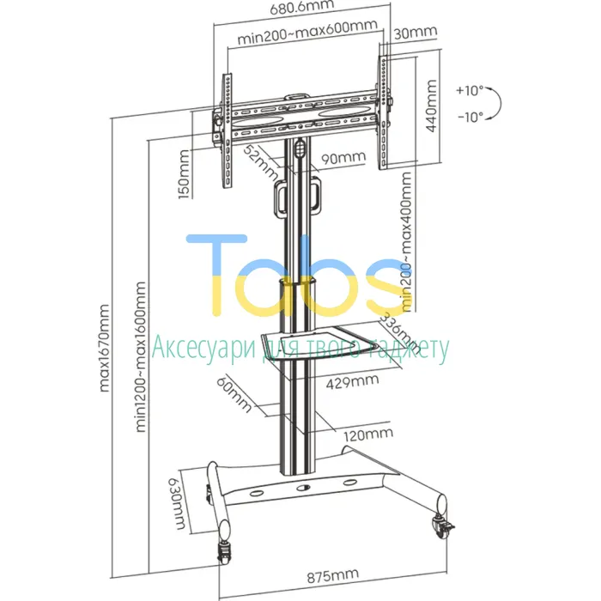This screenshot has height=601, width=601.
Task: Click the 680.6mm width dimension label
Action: pos(301,7)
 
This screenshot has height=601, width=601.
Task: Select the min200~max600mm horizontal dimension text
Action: pos(307,33)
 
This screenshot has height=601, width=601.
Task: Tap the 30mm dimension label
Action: pos(415,33)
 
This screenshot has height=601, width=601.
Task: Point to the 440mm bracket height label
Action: pos(431,106)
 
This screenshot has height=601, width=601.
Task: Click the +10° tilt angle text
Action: pos(470,90)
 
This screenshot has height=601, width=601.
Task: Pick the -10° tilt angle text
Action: pos(470,116)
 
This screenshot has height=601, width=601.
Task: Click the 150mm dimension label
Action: pos(185,174)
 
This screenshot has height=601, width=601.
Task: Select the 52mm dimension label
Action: pos(261,163)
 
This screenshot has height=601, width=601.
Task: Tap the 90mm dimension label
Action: pos(343,158)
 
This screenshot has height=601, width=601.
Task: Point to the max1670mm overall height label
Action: pos(104,349)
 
